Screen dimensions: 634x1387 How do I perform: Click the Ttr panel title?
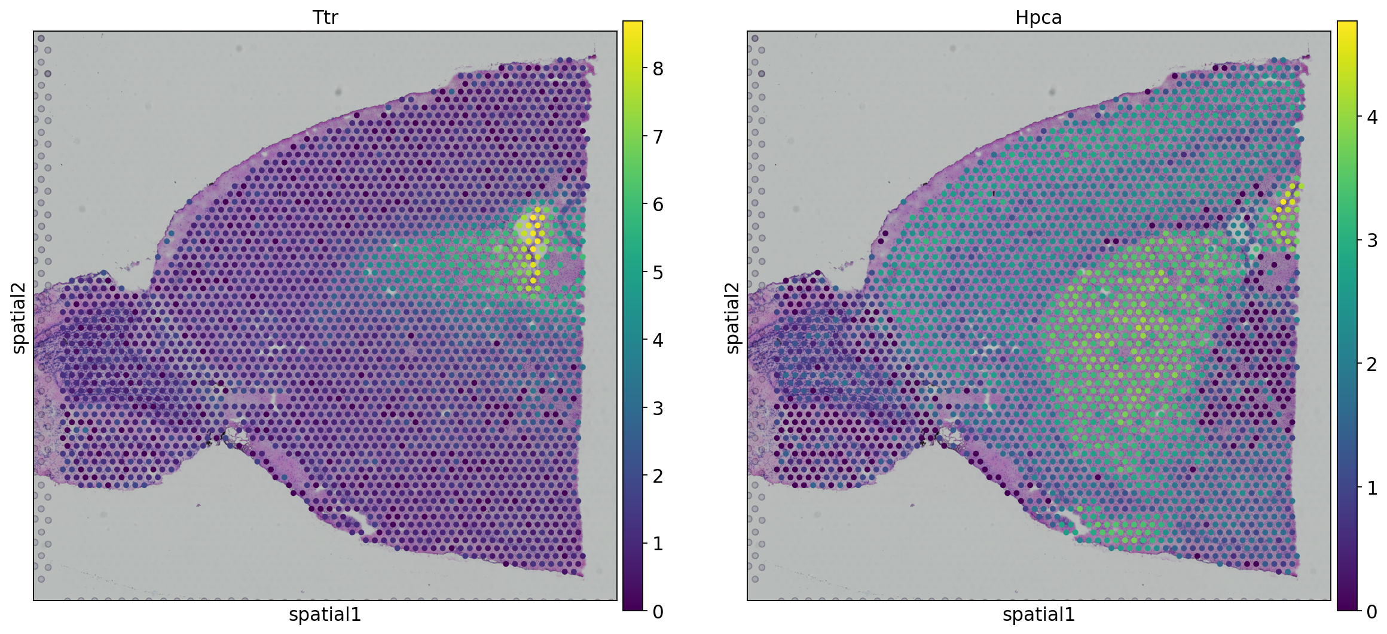click(325, 17)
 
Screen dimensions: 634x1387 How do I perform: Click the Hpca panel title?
click(1038, 17)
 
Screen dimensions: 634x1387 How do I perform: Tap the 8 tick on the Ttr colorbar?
click(658, 69)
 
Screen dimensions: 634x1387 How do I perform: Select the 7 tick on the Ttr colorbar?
click(658, 137)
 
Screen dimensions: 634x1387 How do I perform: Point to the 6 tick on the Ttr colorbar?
click(658, 205)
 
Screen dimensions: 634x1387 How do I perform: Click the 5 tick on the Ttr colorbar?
click(658, 273)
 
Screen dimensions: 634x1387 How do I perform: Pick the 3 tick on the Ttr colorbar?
click(658, 409)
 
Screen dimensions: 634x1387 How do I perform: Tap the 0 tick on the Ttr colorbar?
click(658, 611)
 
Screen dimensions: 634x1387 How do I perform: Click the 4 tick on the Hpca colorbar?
click(1372, 117)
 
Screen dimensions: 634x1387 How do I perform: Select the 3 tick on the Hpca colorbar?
click(1372, 240)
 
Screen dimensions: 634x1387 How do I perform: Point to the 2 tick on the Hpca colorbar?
click(1372, 364)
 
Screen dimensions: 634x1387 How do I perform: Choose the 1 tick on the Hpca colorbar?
click(1372, 487)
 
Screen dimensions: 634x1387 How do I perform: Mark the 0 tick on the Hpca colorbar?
click(1372, 611)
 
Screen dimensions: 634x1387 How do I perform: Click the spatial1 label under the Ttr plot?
click(325, 615)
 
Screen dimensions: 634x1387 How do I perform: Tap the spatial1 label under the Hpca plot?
click(1038, 615)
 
